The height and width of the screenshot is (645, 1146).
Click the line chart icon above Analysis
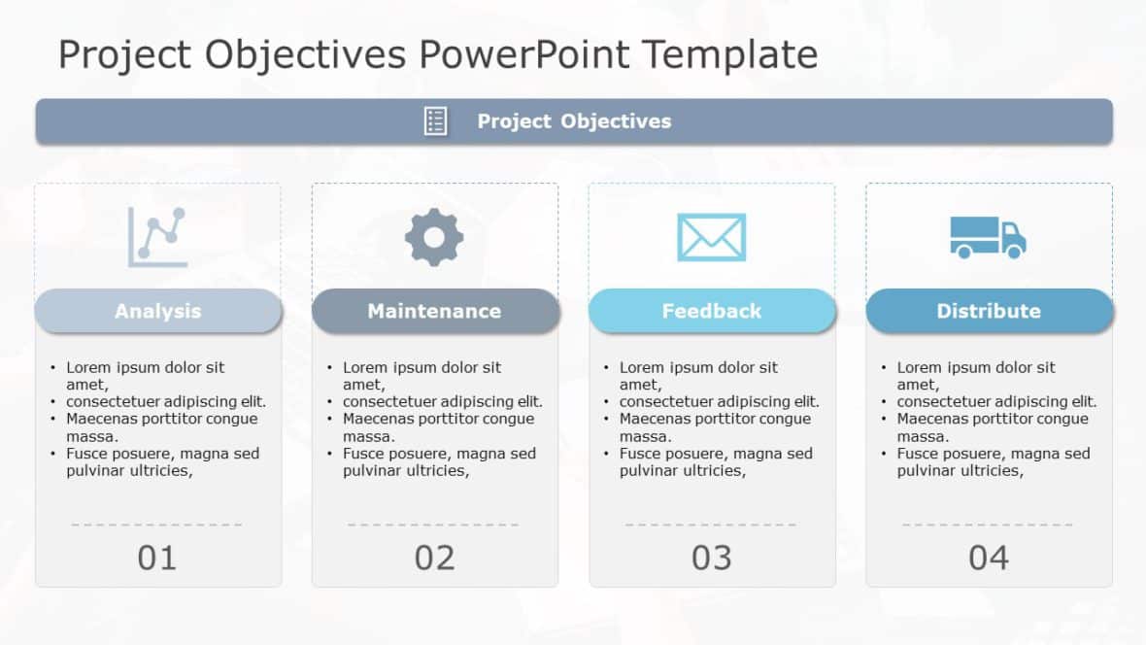pos(157,237)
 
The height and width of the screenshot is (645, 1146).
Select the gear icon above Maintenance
pos(434,237)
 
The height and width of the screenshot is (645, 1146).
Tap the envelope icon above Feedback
pos(711,237)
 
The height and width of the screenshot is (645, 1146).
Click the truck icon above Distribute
pos(988,237)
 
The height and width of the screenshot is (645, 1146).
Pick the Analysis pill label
pos(157,311)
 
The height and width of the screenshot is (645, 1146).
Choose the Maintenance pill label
pos(434,311)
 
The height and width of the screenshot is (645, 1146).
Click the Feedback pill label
pos(711,311)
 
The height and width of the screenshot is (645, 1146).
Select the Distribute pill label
pos(988,311)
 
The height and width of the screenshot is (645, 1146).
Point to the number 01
pos(157,558)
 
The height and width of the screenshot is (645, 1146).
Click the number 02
pos(434,558)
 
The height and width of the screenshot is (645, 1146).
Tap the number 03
pos(711,558)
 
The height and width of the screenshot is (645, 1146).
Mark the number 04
pos(988,558)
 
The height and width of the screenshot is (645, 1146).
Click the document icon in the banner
pos(436,121)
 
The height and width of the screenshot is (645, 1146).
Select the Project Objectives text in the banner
pos(574,121)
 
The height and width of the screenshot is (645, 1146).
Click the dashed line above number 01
pos(157,525)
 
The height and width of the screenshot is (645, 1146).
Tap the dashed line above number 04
pos(988,525)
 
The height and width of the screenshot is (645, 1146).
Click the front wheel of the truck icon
pos(1013,252)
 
